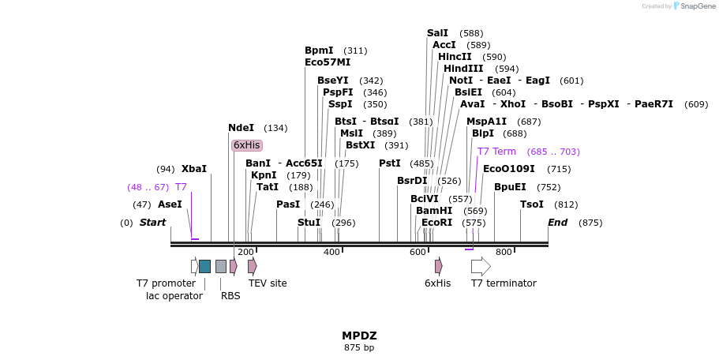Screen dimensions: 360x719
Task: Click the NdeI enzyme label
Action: [241, 128]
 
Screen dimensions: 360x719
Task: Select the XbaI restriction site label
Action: [193, 169]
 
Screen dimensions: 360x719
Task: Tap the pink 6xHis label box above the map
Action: [246, 145]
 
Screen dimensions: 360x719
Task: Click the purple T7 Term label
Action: [496, 152]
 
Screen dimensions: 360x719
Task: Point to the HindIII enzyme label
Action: [463, 69]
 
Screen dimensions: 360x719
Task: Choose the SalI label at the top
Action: [437, 33]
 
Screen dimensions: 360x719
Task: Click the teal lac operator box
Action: [204, 266]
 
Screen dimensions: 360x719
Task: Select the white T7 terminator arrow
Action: [481, 266]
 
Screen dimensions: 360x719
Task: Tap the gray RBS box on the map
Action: [221, 266]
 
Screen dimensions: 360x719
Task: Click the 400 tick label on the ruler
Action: [331, 253]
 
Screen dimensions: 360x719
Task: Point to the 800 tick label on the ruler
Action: [504, 253]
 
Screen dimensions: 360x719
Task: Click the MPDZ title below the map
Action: [359, 336]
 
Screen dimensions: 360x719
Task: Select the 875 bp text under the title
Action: [359, 347]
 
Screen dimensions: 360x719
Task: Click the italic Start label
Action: [152, 223]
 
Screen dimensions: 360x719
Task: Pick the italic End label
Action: [557, 223]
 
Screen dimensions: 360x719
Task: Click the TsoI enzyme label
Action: [532, 204]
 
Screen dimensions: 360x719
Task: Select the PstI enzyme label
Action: [390, 163]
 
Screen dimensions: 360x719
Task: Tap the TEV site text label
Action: [268, 283]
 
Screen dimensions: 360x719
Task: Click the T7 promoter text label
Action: [166, 283]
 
